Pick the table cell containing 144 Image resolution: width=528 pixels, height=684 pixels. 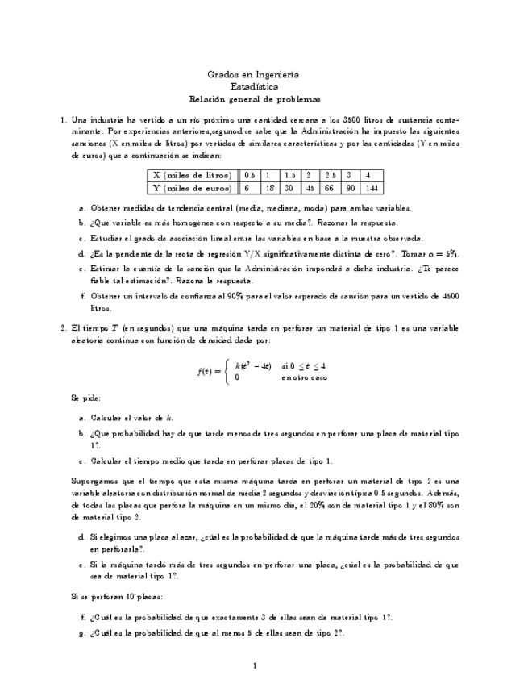pos(369,188)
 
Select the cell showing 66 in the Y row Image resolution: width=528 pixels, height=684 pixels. pos(330,188)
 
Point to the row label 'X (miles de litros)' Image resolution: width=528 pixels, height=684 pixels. pos(189,175)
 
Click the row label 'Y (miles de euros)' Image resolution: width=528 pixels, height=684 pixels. pos(189,188)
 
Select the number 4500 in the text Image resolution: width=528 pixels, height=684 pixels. pos(451,296)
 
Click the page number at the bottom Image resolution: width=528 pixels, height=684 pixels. pos(254,665)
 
